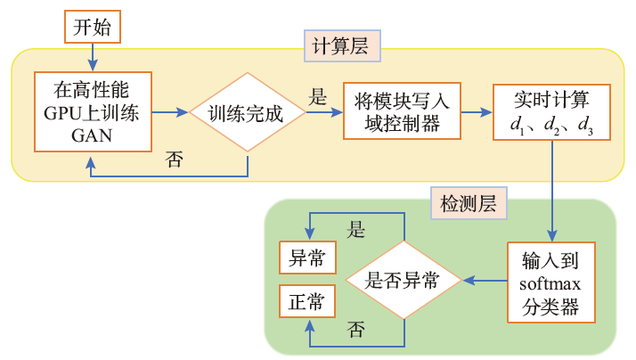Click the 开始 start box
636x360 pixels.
click(92, 27)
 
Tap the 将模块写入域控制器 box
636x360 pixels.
click(403, 112)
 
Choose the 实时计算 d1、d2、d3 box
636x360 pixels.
click(551, 112)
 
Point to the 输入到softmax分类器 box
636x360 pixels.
click(550, 282)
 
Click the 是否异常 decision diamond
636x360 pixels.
click(404, 281)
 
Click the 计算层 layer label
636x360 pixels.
click(342, 45)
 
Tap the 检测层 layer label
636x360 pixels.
click(468, 204)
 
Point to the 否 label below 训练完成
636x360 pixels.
click(175, 161)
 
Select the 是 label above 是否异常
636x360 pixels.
click(356, 231)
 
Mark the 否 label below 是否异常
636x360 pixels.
click(356, 330)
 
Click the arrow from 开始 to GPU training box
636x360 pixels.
click(92, 55)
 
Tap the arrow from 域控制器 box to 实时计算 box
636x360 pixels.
click(477, 113)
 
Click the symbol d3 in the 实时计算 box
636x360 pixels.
click(585, 127)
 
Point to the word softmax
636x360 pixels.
click(550, 285)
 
